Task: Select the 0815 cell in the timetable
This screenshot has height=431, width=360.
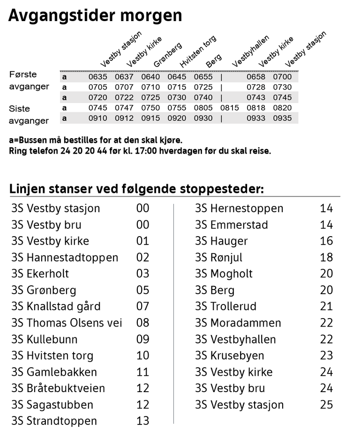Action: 230,108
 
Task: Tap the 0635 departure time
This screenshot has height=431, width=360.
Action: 98,77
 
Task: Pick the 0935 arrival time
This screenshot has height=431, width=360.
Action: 282,119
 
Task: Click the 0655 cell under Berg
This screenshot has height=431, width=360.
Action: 203,77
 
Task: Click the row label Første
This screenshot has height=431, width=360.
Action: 23,74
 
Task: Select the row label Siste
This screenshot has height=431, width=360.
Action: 20,109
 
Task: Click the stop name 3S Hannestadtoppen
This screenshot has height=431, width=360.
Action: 65,257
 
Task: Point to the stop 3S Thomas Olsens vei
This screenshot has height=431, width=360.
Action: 67,323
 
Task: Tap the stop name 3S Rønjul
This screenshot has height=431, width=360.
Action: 219,257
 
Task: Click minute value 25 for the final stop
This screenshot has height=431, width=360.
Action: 326,405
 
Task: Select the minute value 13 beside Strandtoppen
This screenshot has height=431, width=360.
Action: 142,421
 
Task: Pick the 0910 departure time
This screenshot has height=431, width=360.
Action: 98,119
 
